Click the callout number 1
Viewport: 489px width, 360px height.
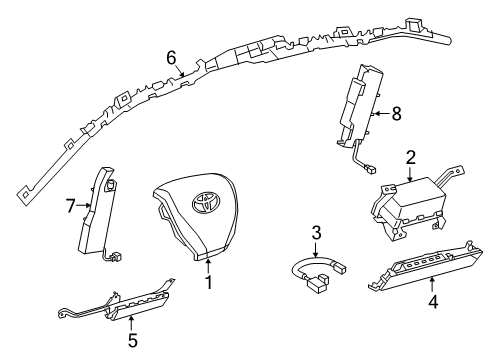(x=208, y=283)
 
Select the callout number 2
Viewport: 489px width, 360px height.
(x=410, y=157)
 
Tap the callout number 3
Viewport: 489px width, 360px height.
(x=315, y=233)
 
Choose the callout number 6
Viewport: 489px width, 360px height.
(x=172, y=58)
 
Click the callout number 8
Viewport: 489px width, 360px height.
(x=396, y=114)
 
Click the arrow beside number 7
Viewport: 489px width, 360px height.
(x=85, y=207)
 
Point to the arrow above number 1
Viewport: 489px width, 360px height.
(x=208, y=266)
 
